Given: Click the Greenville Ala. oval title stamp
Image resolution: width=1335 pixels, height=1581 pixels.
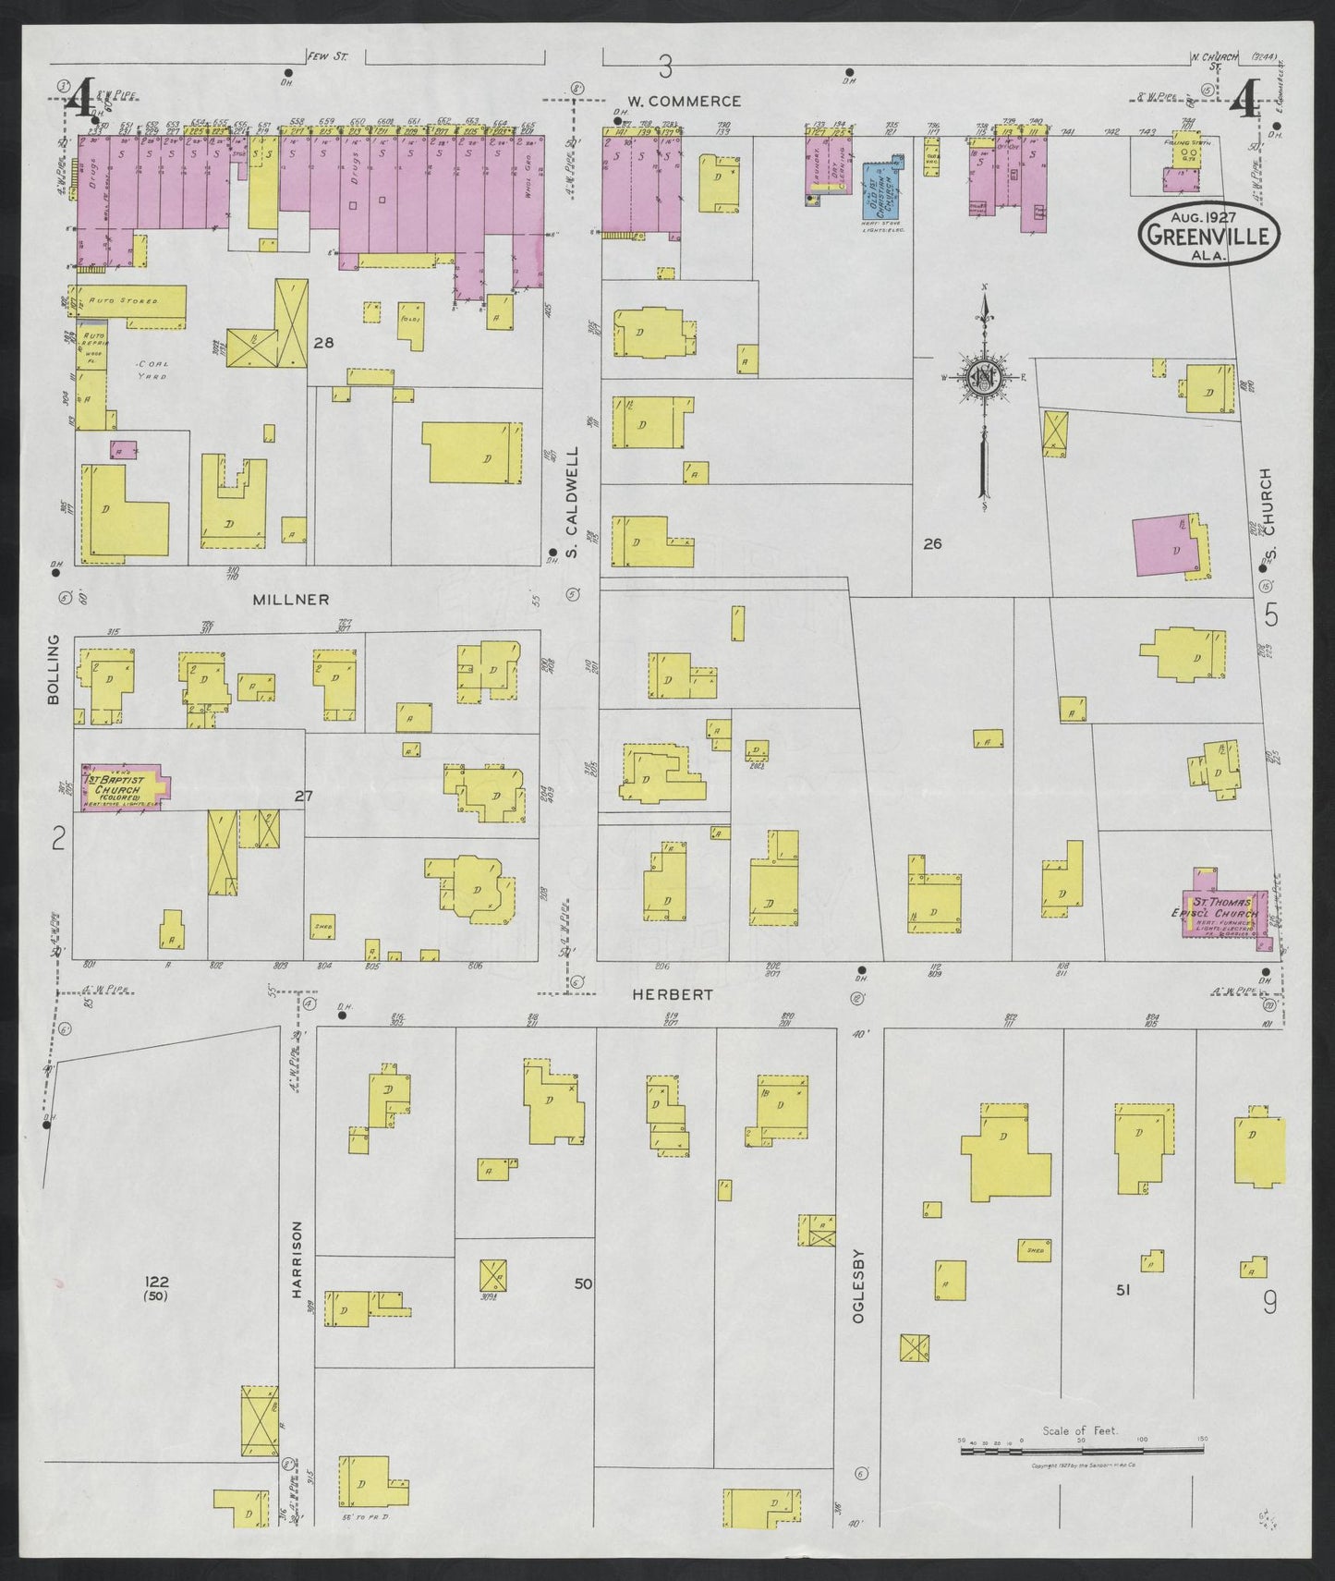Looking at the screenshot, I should click(x=1208, y=236).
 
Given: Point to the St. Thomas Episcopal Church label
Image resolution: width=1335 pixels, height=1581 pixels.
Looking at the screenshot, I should click(x=1221, y=907).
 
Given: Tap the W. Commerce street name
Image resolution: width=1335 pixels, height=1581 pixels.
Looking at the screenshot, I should click(x=684, y=101).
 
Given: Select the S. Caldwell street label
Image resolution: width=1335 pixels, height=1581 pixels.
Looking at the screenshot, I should click(x=572, y=503).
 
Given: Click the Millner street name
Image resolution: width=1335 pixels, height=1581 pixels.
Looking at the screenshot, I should click(x=291, y=600).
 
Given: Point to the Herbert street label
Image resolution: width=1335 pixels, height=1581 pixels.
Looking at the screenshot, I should click(x=660, y=994).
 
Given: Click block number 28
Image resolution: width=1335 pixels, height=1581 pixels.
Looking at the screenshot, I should click(x=323, y=343).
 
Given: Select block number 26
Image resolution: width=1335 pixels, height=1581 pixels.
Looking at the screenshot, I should click(x=932, y=544).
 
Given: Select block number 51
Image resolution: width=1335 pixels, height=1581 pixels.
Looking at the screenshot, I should click(x=1123, y=1290).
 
